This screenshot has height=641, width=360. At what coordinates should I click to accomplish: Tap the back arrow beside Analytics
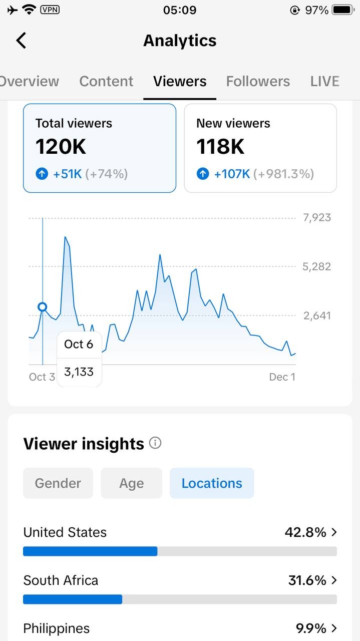[21, 41]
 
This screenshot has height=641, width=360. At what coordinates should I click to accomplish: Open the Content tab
[106, 81]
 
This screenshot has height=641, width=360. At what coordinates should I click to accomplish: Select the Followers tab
[258, 81]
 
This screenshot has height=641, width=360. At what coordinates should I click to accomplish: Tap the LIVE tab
[324, 81]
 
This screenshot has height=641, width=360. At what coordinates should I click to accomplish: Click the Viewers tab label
[180, 81]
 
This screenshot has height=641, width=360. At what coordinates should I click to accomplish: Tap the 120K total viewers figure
[61, 147]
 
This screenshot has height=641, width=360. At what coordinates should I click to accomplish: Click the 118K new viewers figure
[220, 147]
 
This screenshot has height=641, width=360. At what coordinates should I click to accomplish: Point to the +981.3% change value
[283, 174]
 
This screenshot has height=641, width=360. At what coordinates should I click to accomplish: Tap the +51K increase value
[67, 174]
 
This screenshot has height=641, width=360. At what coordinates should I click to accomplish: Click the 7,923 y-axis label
[316, 218]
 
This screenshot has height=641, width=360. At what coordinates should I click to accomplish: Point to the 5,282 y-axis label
[316, 266]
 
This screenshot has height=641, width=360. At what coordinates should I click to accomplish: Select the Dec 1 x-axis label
[282, 377]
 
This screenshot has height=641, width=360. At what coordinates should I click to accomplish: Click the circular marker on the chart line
[43, 307]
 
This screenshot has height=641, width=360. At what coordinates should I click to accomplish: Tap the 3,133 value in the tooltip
[79, 372]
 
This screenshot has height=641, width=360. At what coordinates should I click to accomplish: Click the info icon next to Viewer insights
[155, 443]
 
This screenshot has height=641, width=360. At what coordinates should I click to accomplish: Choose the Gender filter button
[58, 483]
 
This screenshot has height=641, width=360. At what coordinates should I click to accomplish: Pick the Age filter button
[131, 483]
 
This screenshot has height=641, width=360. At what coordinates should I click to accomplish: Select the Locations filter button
[212, 483]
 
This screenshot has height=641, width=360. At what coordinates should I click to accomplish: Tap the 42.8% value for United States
[305, 532]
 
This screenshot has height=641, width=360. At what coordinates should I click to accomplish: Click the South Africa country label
[61, 580]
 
